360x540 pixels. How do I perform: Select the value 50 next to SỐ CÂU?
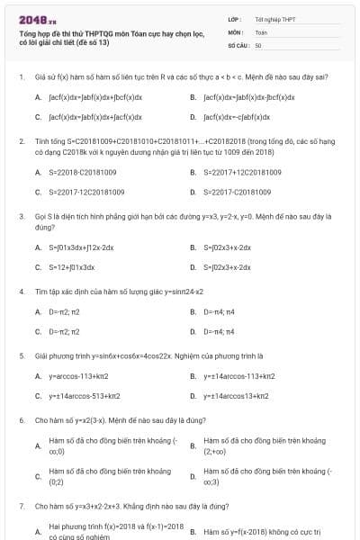pyautogui.click(x=258, y=44)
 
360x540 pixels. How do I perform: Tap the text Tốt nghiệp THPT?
pyautogui.click(x=274, y=18)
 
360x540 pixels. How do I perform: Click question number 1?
pyautogui.click(x=21, y=78)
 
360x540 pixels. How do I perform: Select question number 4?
pyautogui.click(x=21, y=292)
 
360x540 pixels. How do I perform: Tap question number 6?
pyautogui.click(x=21, y=420)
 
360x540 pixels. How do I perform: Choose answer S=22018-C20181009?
pyautogui.click(x=82, y=172)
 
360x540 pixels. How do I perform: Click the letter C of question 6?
pyautogui.click(x=38, y=476)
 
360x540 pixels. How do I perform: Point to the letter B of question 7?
pyautogui.click(x=193, y=532)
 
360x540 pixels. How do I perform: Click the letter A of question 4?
pyautogui.click(x=38, y=311)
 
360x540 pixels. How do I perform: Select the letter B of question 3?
pyautogui.click(x=193, y=247)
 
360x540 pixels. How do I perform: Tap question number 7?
pyautogui.click(x=21, y=507)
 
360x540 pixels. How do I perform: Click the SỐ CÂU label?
pyautogui.click(x=238, y=44)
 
